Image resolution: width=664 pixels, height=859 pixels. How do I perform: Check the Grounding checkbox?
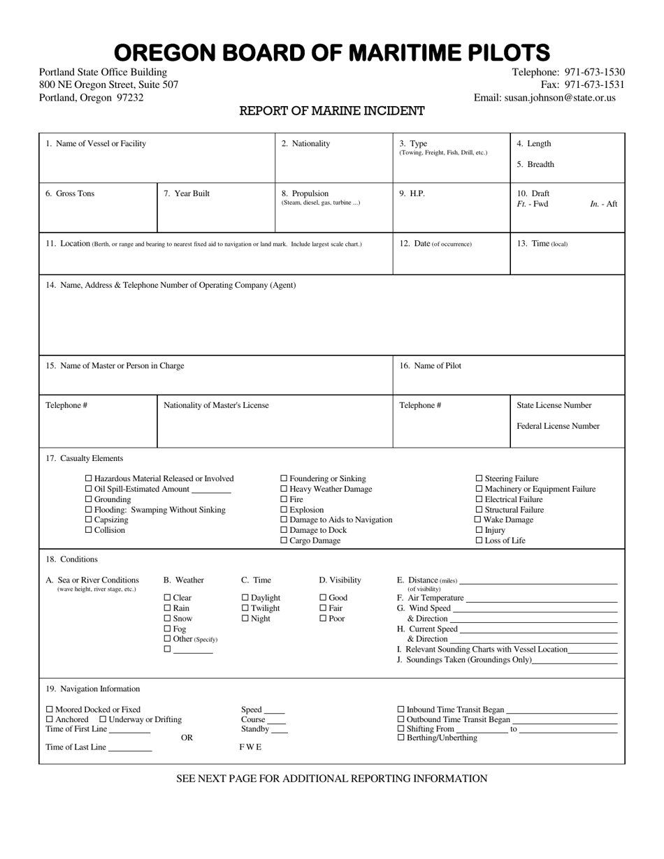click(89, 499)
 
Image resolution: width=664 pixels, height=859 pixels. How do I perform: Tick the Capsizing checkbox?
click(89, 520)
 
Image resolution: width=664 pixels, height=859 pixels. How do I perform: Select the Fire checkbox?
click(284, 499)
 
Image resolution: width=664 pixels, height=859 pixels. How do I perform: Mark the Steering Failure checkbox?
click(479, 478)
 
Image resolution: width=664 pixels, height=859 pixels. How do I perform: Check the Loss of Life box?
click(479, 541)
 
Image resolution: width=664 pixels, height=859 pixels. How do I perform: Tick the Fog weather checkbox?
click(167, 629)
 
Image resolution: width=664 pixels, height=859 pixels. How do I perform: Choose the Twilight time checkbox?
click(245, 608)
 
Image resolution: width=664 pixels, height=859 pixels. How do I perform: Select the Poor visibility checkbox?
click(323, 619)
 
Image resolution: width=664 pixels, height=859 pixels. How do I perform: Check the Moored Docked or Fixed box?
click(50, 710)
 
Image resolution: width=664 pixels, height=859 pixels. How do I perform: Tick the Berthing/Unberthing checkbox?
click(400, 737)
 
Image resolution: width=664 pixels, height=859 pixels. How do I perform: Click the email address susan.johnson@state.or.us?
click(560, 98)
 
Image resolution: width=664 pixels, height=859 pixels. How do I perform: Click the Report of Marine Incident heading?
click(332, 111)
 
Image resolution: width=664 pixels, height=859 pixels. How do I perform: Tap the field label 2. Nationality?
click(305, 144)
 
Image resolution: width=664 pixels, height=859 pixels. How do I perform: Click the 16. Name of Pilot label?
click(430, 366)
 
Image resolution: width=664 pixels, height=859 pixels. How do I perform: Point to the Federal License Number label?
click(558, 426)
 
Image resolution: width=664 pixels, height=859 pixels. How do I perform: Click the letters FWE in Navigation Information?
click(250, 747)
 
